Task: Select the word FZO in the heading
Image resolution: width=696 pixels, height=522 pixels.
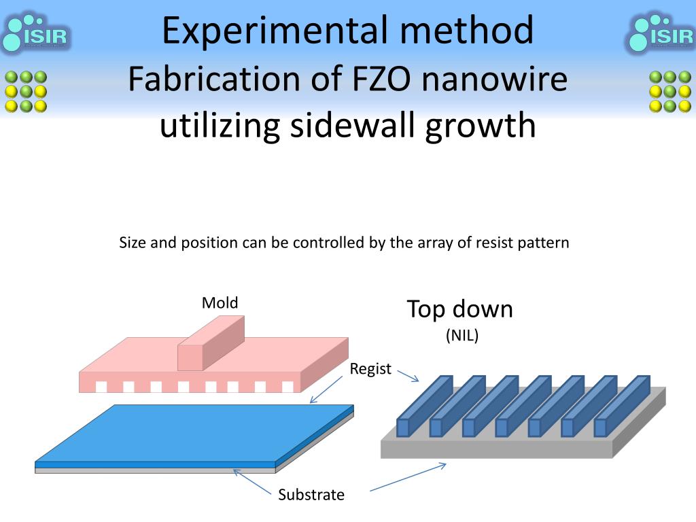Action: (377, 80)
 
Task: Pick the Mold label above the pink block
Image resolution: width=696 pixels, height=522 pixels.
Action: (220, 302)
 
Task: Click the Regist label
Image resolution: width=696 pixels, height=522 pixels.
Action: (370, 369)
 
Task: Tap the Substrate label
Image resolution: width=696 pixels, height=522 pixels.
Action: (311, 495)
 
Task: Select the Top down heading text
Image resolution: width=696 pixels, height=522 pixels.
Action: (460, 309)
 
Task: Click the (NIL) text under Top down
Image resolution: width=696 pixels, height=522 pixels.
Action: (462, 335)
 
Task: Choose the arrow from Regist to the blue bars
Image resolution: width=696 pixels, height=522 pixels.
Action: (407, 375)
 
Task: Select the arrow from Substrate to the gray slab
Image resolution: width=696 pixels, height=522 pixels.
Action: (408, 477)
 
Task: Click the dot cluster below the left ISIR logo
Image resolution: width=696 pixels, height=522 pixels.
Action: (25, 91)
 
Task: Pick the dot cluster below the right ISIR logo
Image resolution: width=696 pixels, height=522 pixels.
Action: (670, 91)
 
